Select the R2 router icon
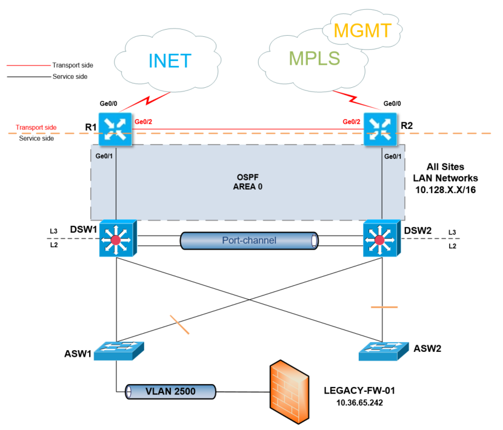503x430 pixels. click(x=379, y=128)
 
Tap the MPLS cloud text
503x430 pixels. click(x=314, y=58)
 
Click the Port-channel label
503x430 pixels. click(x=249, y=240)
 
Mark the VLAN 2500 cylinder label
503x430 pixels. click(x=170, y=392)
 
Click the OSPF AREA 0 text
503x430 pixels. click(x=248, y=182)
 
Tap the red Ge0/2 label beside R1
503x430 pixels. click(x=143, y=121)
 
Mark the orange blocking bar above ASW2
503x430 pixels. click(x=384, y=307)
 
